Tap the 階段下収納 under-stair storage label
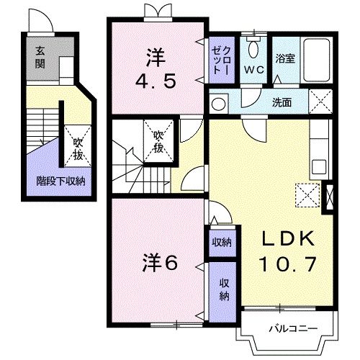click(x=61, y=181)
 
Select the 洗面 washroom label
click(x=282, y=102)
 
